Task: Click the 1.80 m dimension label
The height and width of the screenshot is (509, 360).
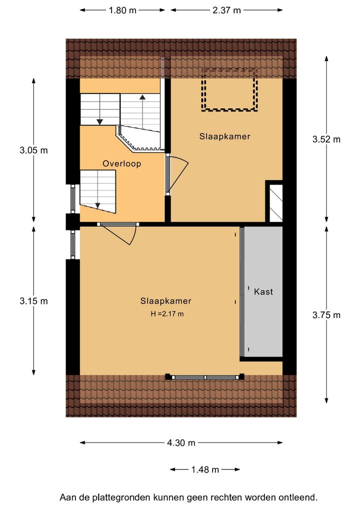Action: click(x=122, y=10)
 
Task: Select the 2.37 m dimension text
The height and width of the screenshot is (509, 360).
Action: click(x=226, y=10)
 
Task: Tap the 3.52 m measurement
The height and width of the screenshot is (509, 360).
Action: click(x=326, y=139)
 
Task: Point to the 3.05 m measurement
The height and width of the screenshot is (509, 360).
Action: click(x=34, y=150)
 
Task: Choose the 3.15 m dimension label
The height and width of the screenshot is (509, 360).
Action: click(x=34, y=301)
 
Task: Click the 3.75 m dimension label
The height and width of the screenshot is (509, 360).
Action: click(x=326, y=315)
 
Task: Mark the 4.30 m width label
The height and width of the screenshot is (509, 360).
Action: click(x=181, y=442)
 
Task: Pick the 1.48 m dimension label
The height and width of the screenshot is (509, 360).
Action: click(x=205, y=469)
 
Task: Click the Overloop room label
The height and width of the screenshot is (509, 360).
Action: click(x=121, y=163)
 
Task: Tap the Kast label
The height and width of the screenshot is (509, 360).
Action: click(x=263, y=291)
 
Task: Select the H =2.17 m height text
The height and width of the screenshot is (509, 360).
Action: click(x=167, y=314)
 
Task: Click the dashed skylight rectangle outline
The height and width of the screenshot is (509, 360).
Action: click(x=229, y=69)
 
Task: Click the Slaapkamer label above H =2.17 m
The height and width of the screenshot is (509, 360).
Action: click(x=166, y=301)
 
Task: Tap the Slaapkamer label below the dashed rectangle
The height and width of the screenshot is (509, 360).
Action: click(x=224, y=136)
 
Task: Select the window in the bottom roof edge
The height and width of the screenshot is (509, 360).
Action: click(x=205, y=377)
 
